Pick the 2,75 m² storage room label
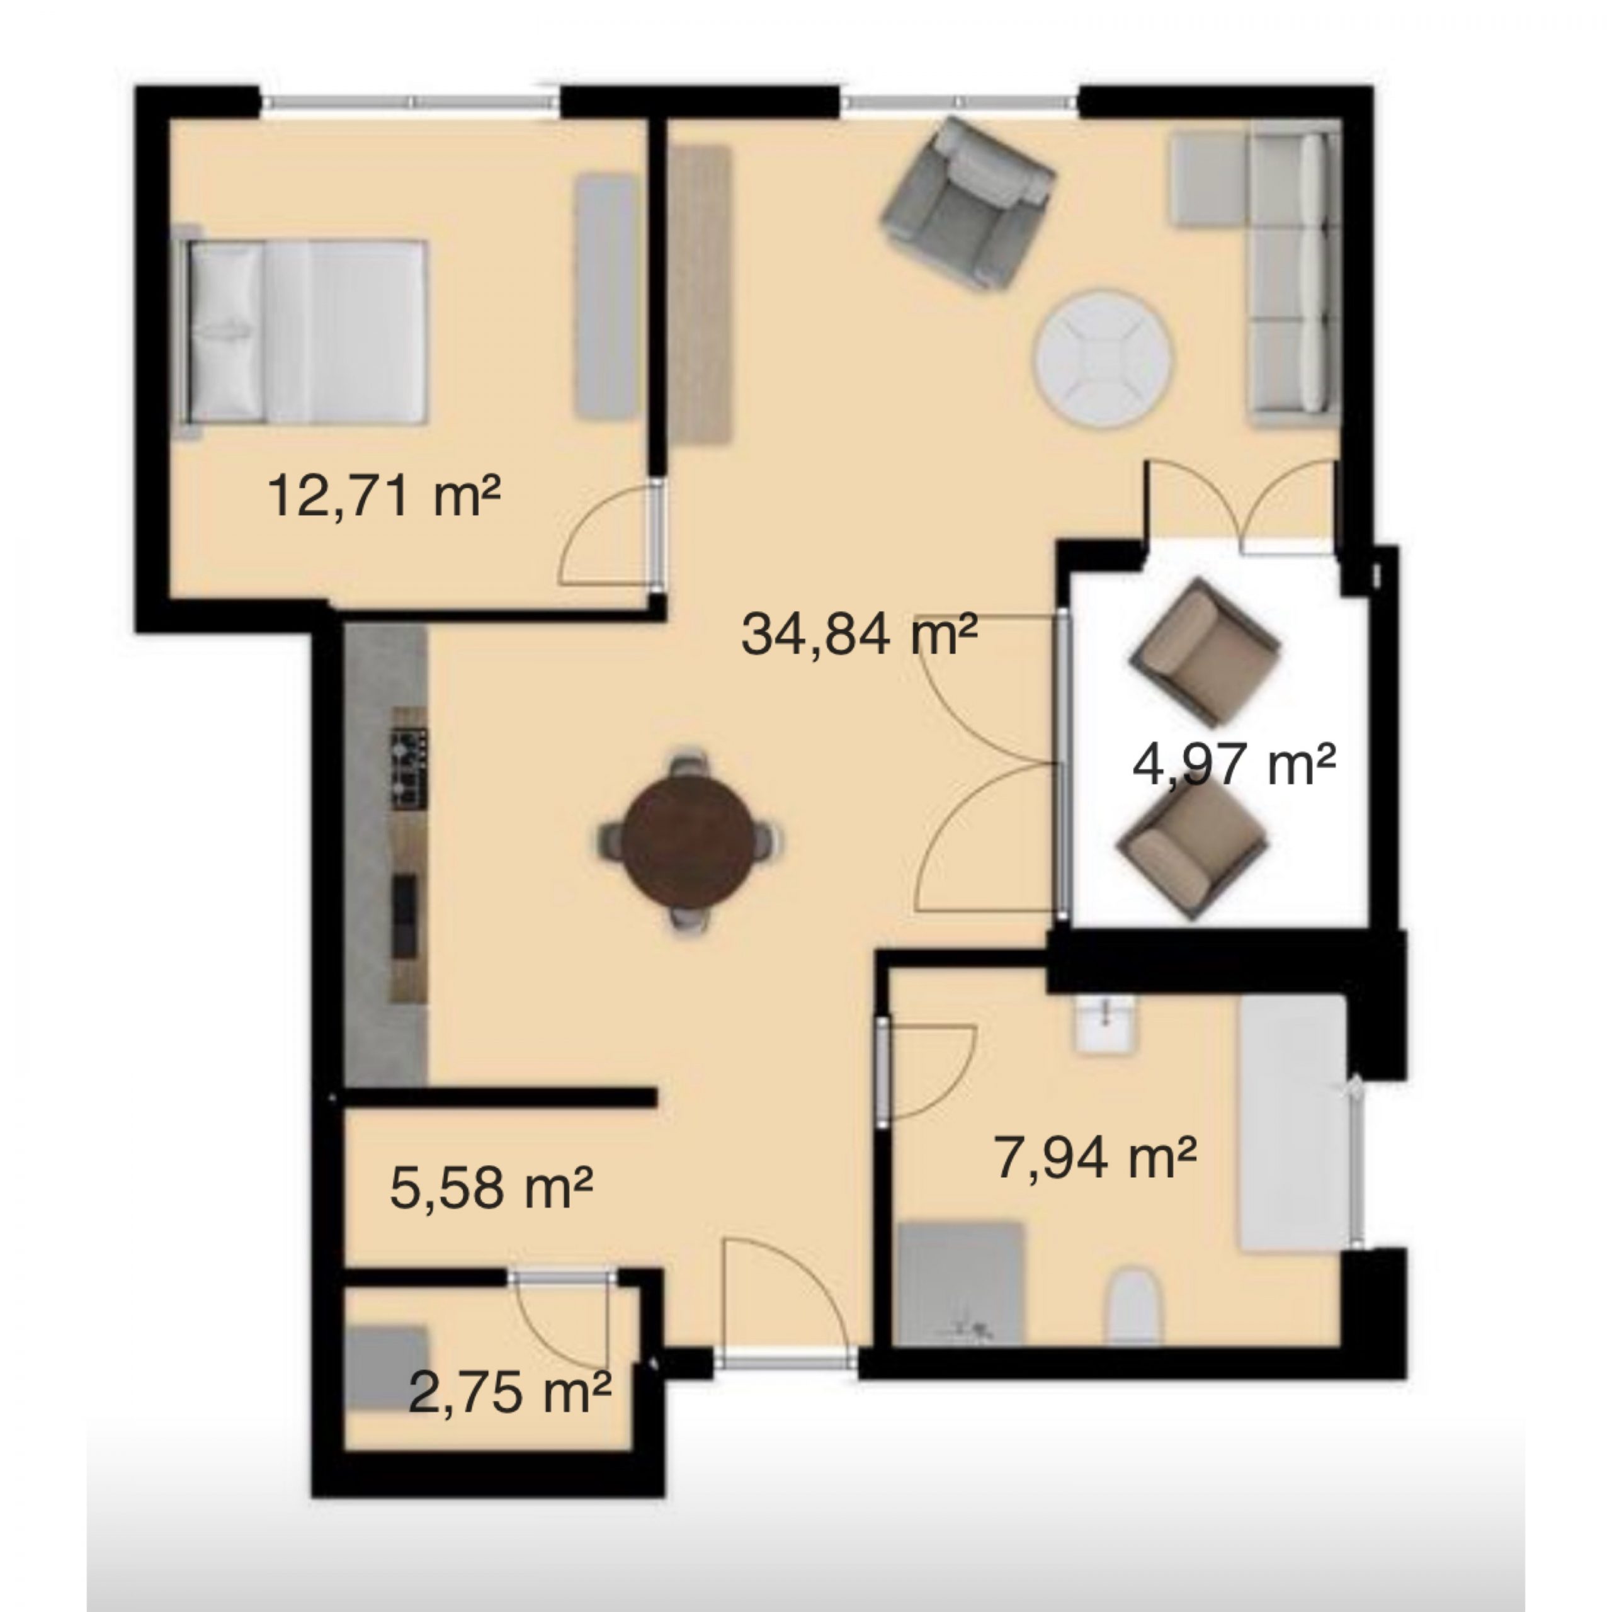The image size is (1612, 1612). tap(510, 1393)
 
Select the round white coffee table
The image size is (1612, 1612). tap(1104, 359)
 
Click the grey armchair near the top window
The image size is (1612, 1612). tap(968, 202)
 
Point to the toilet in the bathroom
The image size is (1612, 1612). tap(1137, 1307)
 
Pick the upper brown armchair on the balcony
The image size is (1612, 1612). tap(1204, 652)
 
